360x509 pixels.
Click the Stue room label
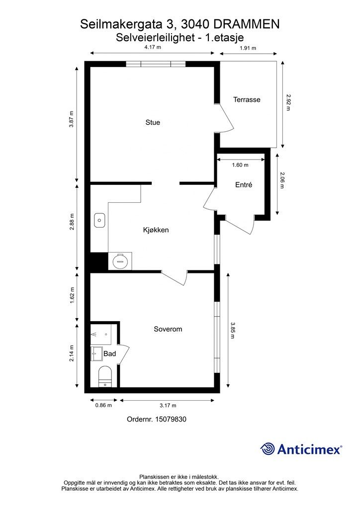[x=153, y=122]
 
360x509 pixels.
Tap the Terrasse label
[x=247, y=99]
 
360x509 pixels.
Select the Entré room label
[x=244, y=185]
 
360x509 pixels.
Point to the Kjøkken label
[x=156, y=230]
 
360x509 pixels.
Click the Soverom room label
[x=168, y=329]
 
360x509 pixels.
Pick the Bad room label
[x=109, y=354]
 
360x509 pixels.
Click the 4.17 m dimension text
[x=152, y=48]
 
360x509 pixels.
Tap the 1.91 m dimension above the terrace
[x=248, y=48]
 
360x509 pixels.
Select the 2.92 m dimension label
[x=288, y=103]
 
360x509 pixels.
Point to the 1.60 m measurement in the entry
[x=240, y=165]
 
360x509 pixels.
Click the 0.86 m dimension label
[x=103, y=405]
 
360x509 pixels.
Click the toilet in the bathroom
[x=105, y=375]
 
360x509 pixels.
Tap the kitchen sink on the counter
[x=99, y=219]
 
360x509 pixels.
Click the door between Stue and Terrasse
[x=225, y=119]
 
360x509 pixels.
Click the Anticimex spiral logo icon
[x=268, y=449]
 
